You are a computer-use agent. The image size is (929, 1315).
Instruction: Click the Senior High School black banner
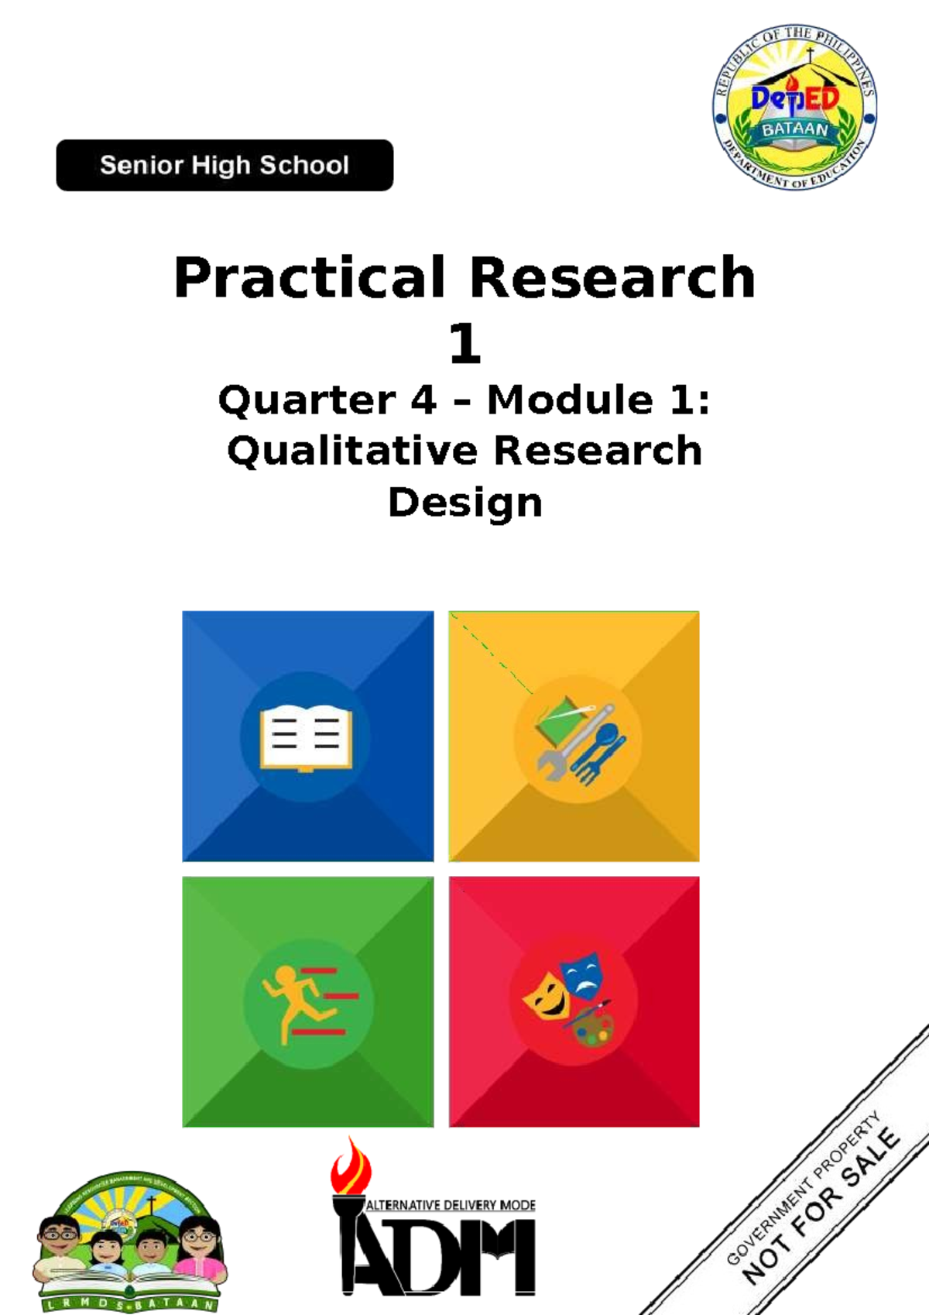225,165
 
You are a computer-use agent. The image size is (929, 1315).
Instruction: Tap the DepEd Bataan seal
794,107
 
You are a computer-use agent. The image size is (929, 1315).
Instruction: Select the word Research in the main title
612,277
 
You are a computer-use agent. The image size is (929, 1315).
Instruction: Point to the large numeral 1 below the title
464,343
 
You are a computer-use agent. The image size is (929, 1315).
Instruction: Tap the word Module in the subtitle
570,400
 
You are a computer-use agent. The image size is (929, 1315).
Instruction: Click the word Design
464,503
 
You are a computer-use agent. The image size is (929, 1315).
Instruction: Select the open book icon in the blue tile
306,736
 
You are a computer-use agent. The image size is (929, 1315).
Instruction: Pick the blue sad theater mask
582,974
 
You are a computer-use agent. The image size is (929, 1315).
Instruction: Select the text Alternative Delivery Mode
450,1205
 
